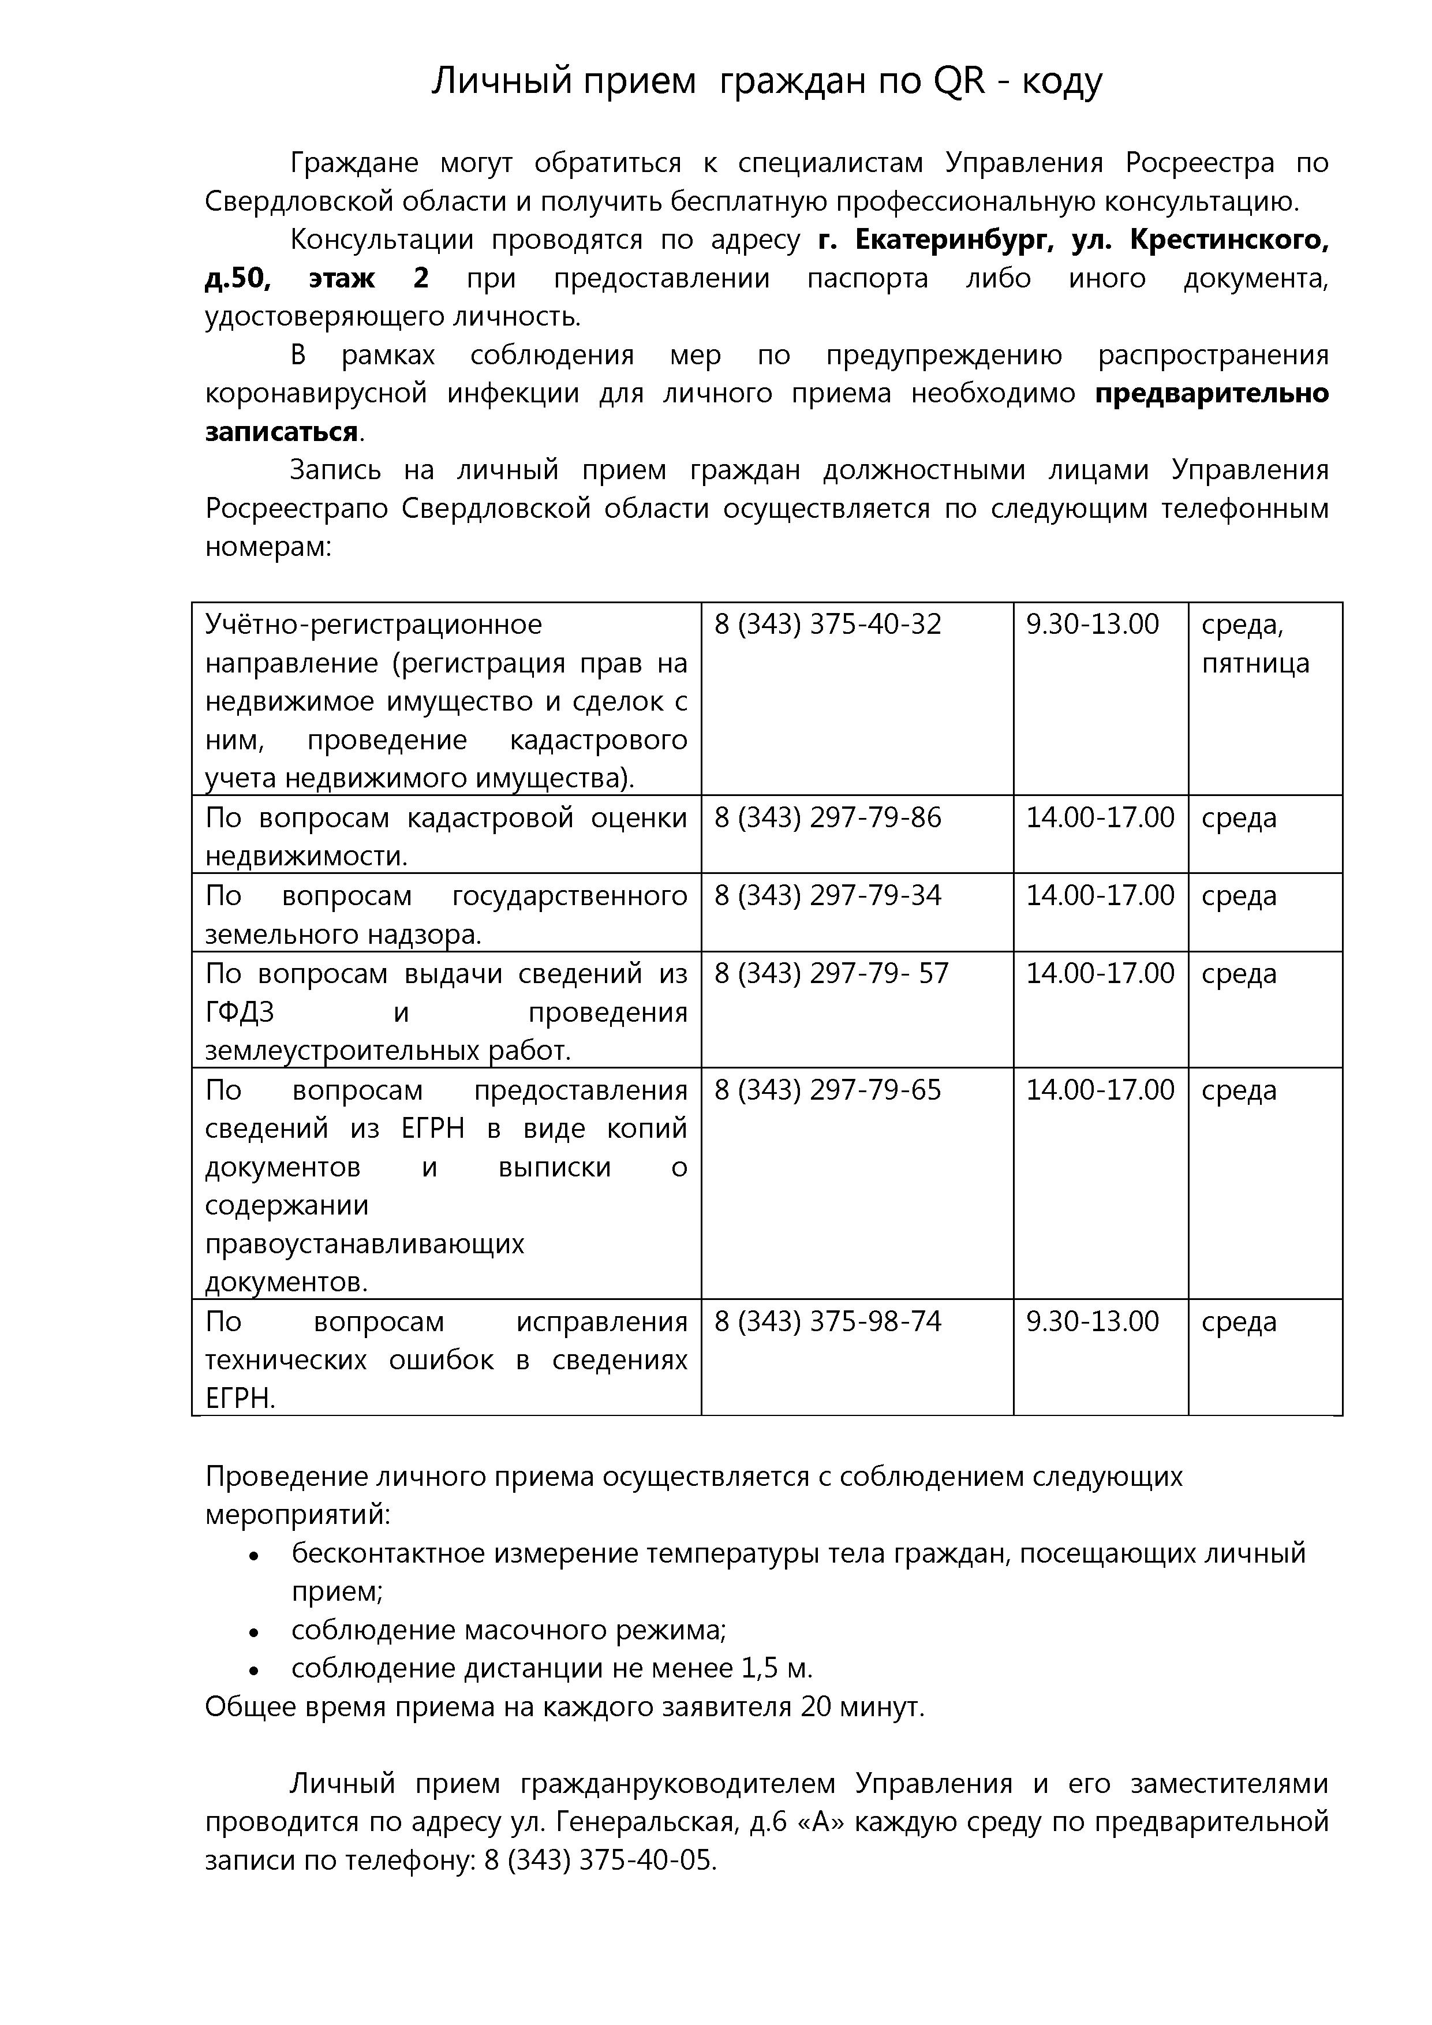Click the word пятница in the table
1255,663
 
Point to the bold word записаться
281,432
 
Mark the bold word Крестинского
1229,240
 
